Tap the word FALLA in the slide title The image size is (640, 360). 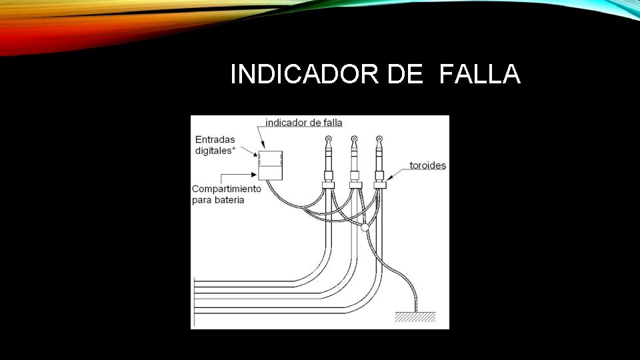click(x=479, y=75)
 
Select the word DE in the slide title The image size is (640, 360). click(x=405, y=75)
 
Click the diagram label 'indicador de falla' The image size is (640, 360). click(x=303, y=122)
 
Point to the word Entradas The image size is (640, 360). click(x=215, y=139)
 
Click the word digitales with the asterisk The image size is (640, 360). click(x=215, y=151)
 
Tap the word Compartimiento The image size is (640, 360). click(x=227, y=189)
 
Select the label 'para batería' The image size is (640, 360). click(x=218, y=199)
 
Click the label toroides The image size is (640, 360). click(x=427, y=165)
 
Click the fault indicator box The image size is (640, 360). click(x=270, y=165)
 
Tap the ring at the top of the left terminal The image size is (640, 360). click(x=329, y=140)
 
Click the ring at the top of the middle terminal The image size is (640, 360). click(x=354, y=140)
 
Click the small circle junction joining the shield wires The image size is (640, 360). click(x=364, y=228)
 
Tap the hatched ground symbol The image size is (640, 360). click(x=415, y=317)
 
